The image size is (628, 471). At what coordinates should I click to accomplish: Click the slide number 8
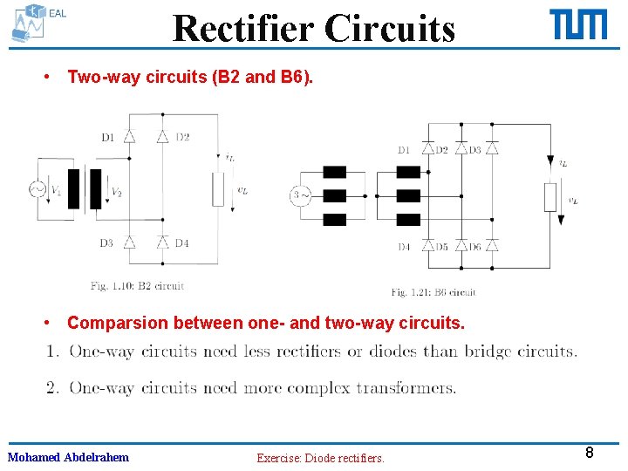click(x=590, y=453)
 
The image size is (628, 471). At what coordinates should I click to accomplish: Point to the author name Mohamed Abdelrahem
click(x=68, y=457)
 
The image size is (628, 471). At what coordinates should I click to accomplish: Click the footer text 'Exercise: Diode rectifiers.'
click(x=320, y=458)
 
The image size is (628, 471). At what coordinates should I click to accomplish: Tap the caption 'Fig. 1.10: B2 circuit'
click(x=137, y=285)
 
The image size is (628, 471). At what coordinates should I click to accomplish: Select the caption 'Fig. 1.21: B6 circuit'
click(x=433, y=292)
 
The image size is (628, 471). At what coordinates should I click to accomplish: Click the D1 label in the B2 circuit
click(x=108, y=137)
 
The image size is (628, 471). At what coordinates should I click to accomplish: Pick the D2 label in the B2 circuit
click(x=182, y=137)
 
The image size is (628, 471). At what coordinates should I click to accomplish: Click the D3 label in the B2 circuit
click(x=106, y=243)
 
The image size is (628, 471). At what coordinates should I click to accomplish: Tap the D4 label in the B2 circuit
click(x=181, y=243)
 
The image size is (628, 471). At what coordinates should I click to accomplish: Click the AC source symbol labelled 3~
click(x=300, y=196)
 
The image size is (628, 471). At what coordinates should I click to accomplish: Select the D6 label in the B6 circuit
click(x=474, y=247)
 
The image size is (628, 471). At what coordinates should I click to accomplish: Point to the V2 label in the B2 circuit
click(x=117, y=192)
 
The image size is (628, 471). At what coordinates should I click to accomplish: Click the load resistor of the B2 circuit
click(x=218, y=189)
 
